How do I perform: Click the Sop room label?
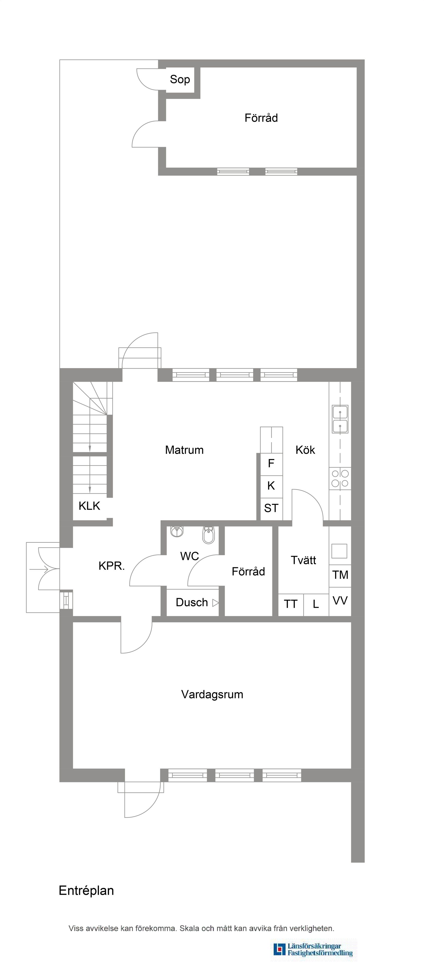point(180,79)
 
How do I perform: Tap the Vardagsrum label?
point(212,694)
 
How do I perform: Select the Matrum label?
point(184,450)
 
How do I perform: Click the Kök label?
point(305,450)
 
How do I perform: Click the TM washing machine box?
point(340,575)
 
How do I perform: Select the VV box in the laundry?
point(340,600)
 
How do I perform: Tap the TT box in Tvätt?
point(291,604)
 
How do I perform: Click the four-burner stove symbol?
point(340,479)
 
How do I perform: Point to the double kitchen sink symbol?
point(340,419)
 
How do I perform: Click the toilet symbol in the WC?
point(209,535)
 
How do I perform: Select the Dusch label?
point(192,602)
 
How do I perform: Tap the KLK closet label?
point(89,506)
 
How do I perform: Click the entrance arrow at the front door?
point(39,569)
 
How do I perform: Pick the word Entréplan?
point(86,890)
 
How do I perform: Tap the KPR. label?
point(111,566)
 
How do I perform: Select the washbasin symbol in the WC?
point(177,531)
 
